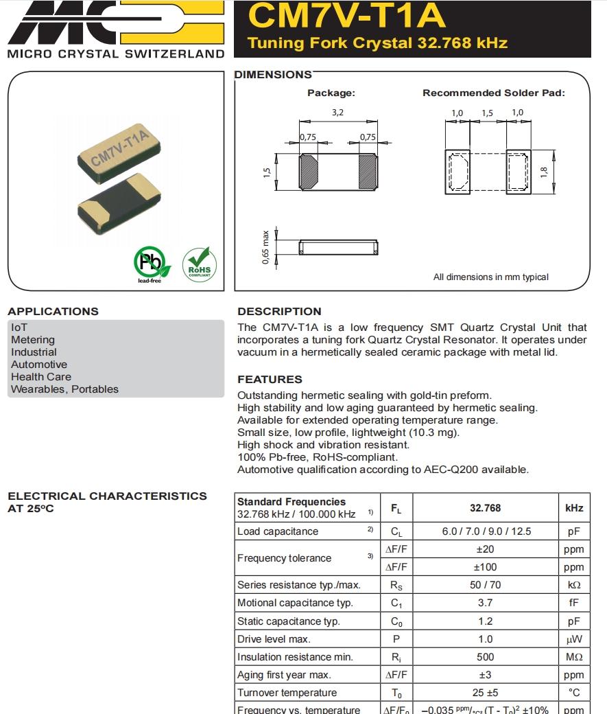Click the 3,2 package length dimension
click(337, 113)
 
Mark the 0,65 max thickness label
click(265, 248)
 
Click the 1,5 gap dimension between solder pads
click(487, 113)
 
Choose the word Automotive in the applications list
click(39, 365)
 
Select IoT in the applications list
click(19, 327)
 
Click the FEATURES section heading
click(270, 379)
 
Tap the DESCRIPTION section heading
click(279, 311)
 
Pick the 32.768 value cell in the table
click(485, 508)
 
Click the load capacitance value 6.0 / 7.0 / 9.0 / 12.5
click(485, 531)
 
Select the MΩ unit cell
click(574, 657)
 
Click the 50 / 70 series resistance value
click(485, 585)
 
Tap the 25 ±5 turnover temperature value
click(485, 693)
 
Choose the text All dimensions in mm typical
click(490, 277)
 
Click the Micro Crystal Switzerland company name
click(116, 54)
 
